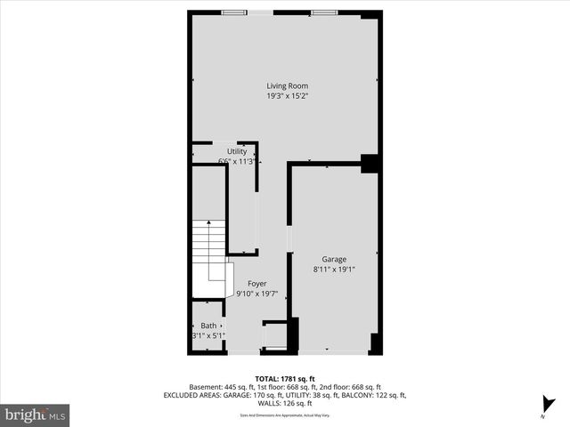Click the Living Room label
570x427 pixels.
[287, 85]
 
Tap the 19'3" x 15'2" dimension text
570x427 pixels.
[287, 96]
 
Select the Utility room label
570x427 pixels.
[236, 151]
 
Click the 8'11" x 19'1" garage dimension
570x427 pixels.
[334, 270]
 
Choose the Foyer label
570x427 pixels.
[256, 284]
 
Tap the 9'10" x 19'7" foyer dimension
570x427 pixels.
[256, 294]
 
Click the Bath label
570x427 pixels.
[208, 326]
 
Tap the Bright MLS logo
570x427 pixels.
[35, 415]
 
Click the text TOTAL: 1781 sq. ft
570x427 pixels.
[285, 378]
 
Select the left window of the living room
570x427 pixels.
[234, 12]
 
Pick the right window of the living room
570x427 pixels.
[324, 12]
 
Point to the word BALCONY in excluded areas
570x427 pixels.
[347, 395]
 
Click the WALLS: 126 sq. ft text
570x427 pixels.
[285, 403]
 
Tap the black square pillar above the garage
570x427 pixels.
[370, 164]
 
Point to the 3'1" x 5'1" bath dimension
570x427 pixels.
[208, 336]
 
